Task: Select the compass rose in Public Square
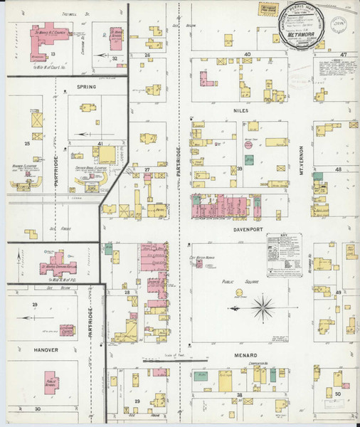tap(263, 308)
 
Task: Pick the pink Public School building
tap(51, 382)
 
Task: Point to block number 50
tap(338, 394)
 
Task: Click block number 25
tap(27, 144)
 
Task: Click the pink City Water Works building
tap(211, 265)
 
